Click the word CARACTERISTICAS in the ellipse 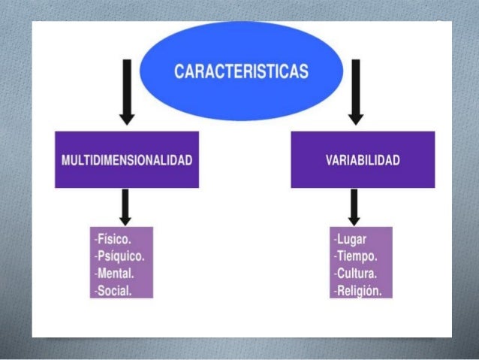coord(241,72)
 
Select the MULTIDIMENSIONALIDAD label coord(127,161)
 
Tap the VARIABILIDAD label coord(363,161)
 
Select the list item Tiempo coord(354,256)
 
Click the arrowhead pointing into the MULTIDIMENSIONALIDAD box coord(128,118)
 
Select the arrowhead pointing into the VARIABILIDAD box coord(357,118)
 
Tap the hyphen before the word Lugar coord(335,240)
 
